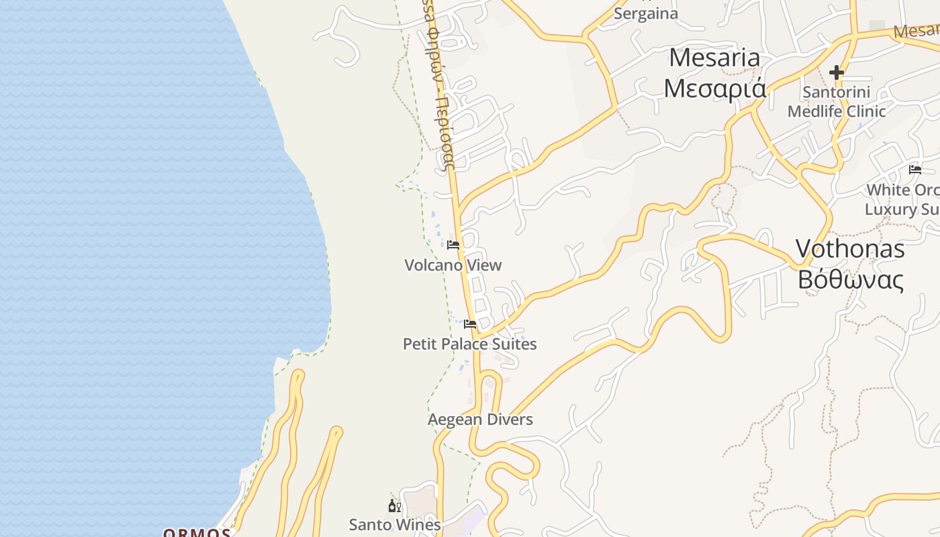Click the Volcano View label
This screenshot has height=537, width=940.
click(453, 265)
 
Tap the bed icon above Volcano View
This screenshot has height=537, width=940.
click(453, 245)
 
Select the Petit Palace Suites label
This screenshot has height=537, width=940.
click(469, 344)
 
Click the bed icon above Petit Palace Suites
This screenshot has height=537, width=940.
click(470, 324)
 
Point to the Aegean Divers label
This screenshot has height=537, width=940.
click(480, 420)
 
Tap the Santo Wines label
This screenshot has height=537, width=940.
click(395, 524)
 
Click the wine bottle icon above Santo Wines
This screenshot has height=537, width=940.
click(394, 505)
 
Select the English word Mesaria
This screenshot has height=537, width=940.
click(714, 58)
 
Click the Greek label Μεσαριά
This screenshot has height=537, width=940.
click(714, 87)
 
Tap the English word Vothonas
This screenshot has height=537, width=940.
click(850, 249)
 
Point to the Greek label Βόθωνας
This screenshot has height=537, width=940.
click(850, 279)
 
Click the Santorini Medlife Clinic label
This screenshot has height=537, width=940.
click(837, 101)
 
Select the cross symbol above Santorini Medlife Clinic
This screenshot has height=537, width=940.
click(837, 72)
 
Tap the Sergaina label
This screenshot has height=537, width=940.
click(646, 13)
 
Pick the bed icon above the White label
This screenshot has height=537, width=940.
click(914, 169)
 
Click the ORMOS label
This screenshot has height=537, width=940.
click(197, 532)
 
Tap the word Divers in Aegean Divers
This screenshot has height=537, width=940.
click(508, 420)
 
